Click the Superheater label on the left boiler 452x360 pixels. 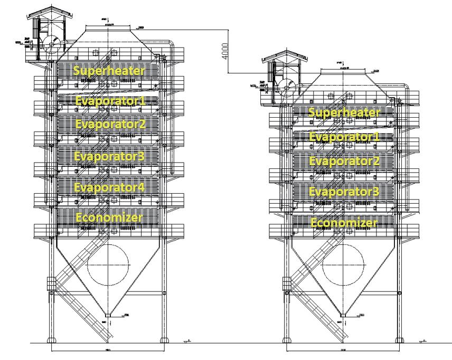(x=109, y=70)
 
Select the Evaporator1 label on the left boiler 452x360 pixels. (x=109, y=100)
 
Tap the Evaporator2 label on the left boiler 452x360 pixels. (x=109, y=124)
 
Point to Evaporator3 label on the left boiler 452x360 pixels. (x=109, y=156)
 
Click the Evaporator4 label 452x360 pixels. (x=109, y=187)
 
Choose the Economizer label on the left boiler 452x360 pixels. (x=109, y=217)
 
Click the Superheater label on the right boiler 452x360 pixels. (x=344, y=112)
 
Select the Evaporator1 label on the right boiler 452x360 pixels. (x=344, y=137)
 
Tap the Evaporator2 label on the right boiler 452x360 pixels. (x=344, y=161)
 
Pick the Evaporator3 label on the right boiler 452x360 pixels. (x=344, y=191)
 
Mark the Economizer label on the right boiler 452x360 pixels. (x=344, y=223)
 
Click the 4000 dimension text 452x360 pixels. (x=225, y=51)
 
